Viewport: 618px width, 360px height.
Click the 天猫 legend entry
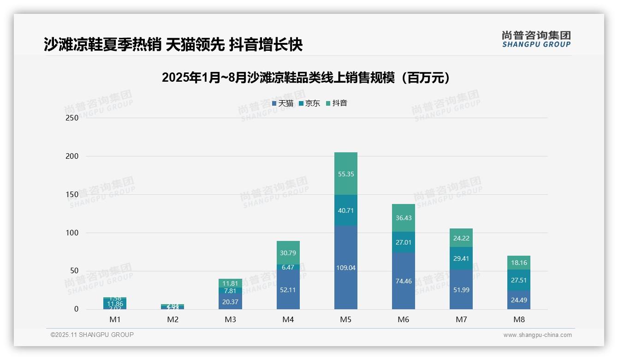pos(283,103)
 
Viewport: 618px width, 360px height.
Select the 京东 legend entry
pos(309,103)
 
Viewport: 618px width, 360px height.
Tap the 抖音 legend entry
pos(337,103)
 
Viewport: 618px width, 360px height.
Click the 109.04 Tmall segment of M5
pos(345,268)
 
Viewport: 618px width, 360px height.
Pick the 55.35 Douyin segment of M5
pos(345,174)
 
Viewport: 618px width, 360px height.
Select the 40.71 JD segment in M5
pos(345,210)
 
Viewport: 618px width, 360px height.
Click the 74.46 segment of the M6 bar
pos(403,281)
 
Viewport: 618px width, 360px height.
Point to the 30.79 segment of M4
pos(288,252)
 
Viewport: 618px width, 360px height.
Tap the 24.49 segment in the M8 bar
pos(519,300)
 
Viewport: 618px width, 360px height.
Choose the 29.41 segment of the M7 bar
pos(461,258)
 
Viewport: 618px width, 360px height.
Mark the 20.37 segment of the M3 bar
pos(230,301)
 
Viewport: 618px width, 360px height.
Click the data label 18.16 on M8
pos(519,263)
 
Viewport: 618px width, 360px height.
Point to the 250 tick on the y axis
pos(72,118)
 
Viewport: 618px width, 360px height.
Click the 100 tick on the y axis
pos(72,233)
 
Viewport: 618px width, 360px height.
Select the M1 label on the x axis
pos(115,320)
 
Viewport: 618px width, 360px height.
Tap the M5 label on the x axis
pos(345,320)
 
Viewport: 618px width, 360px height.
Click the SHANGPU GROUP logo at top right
pos(536,39)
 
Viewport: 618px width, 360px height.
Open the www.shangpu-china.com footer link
pos(537,335)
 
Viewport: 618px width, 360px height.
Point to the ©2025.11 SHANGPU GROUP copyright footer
pos(92,335)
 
